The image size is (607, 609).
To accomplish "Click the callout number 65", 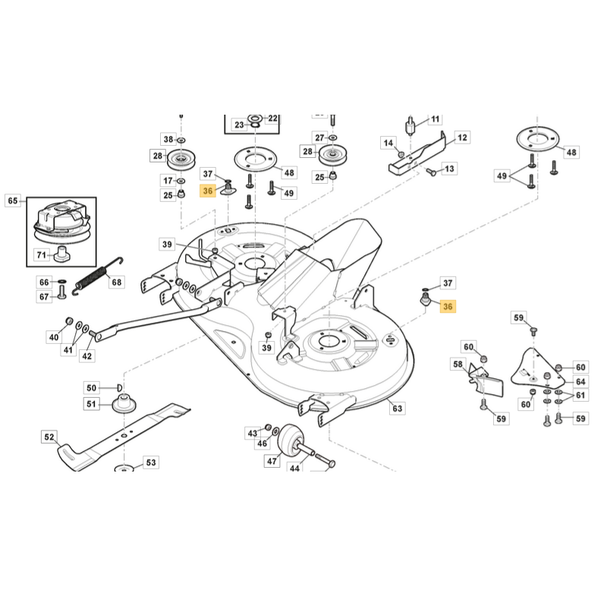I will pyautogui.click(x=12, y=200).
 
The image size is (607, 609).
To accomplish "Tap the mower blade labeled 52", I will pyautogui.click(x=121, y=436).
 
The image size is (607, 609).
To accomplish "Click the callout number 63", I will pyautogui.click(x=397, y=409).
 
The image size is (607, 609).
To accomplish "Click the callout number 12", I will pyautogui.click(x=462, y=137).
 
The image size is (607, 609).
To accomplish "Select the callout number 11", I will pyautogui.click(x=435, y=119).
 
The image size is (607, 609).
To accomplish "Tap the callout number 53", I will pyautogui.click(x=150, y=462).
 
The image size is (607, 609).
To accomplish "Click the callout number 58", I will pyautogui.click(x=458, y=364).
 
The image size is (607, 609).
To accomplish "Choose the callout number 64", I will pyautogui.click(x=580, y=381).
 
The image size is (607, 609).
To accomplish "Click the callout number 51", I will pyautogui.click(x=92, y=404).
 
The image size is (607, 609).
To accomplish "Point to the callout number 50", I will pyautogui.click(x=91, y=388).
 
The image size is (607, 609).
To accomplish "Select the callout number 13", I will pyautogui.click(x=449, y=169).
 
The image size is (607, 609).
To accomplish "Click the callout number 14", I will pyautogui.click(x=388, y=143).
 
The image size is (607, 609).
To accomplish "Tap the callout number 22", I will pyautogui.click(x=272, y=118).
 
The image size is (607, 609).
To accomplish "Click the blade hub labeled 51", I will pyautogui.click(x=121, y=402).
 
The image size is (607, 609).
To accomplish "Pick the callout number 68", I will pyautogui.click(x=116, y=282).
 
